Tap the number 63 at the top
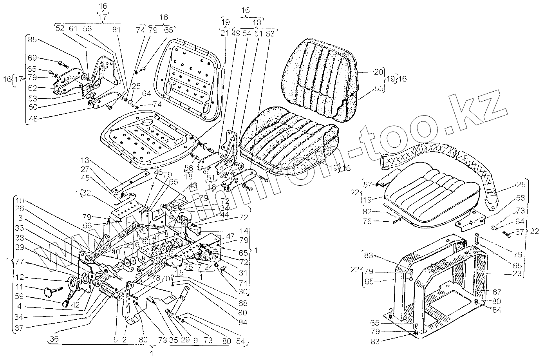coord(270,34)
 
